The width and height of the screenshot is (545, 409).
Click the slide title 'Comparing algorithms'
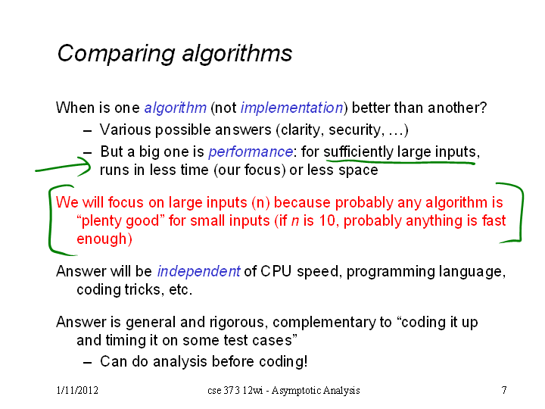click(x=175, y=54)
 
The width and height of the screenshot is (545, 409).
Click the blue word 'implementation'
click(x=292, y=108)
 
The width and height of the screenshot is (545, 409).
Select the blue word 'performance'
click(x=251, y=152)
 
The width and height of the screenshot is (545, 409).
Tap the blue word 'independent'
click(x=199, y=271)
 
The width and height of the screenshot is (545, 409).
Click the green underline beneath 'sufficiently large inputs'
click(x=400, y=162)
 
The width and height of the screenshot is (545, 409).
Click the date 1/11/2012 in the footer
click(x=77, y=390)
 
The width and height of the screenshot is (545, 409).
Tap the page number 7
click(x=504, y=390)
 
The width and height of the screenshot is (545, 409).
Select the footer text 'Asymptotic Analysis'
click(x=316, y=391)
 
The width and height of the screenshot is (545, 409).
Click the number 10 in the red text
click(x=327, y=221)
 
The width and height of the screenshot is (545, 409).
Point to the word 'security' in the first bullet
click(x=354, y=130)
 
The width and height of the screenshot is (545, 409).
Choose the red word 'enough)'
click(x=104, y=239)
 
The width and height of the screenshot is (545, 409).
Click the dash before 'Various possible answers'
click(x=88, y=131)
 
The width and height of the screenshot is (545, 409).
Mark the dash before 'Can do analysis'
click(x=88, y=363)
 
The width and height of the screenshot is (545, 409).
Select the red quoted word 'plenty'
click(x=99, y=221)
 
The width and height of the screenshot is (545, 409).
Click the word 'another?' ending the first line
click(x=457, y=108)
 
